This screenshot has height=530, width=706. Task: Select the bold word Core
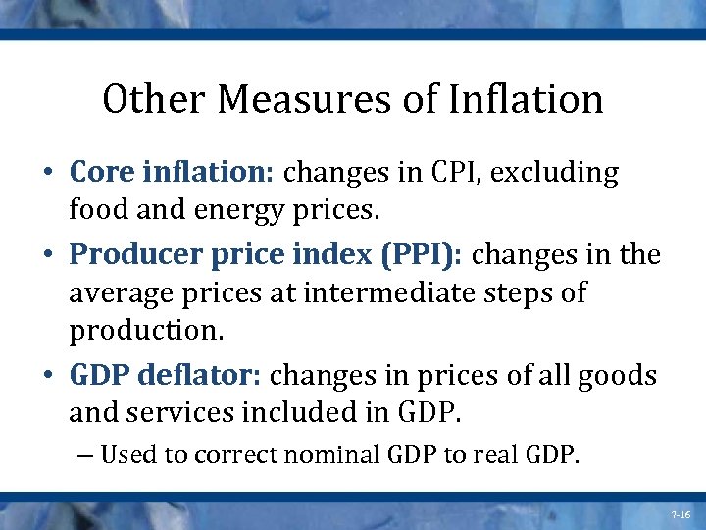click(x=105, y=174)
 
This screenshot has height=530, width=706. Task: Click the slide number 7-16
click(x=681, y=513)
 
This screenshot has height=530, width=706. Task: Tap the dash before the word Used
click(x=84, y=455)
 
